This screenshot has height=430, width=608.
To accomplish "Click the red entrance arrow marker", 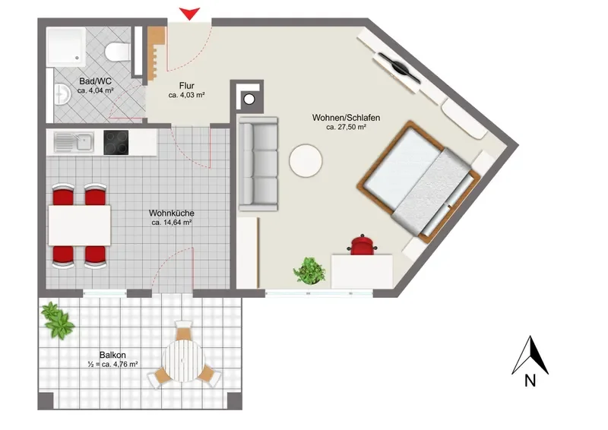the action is (x=189, y=14).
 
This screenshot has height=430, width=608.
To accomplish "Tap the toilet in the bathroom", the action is (x=117, y=52).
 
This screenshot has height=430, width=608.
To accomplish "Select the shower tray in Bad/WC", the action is (x=66, y=46).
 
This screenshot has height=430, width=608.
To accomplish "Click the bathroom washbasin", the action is (x=62, y=94).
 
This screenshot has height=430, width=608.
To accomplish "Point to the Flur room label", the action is (x=186, y=86).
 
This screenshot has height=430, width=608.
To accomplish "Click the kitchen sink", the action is (x=74, y=142).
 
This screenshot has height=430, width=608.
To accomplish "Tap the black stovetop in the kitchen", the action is (x=116, y=142).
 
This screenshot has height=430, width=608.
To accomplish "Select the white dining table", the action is (x=80, y=226).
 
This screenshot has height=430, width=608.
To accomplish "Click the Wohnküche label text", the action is (x=172, y=213).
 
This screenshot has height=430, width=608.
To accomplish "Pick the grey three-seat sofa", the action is (x=258, y=163).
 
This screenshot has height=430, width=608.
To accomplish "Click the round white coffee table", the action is (x=306, y=161).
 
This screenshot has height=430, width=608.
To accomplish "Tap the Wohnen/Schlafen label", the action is (x=346, y=118).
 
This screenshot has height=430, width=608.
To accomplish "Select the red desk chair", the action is (x=363, y=245).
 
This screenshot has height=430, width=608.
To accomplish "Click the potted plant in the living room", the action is (x=309, y=270).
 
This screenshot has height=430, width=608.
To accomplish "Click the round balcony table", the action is (x=183, y=361).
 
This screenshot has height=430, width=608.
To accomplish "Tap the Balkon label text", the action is (x=112, y=355).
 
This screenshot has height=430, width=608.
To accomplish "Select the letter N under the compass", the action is (x=530, y=381).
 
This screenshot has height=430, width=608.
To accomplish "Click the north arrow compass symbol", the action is (x=530, y=356).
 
